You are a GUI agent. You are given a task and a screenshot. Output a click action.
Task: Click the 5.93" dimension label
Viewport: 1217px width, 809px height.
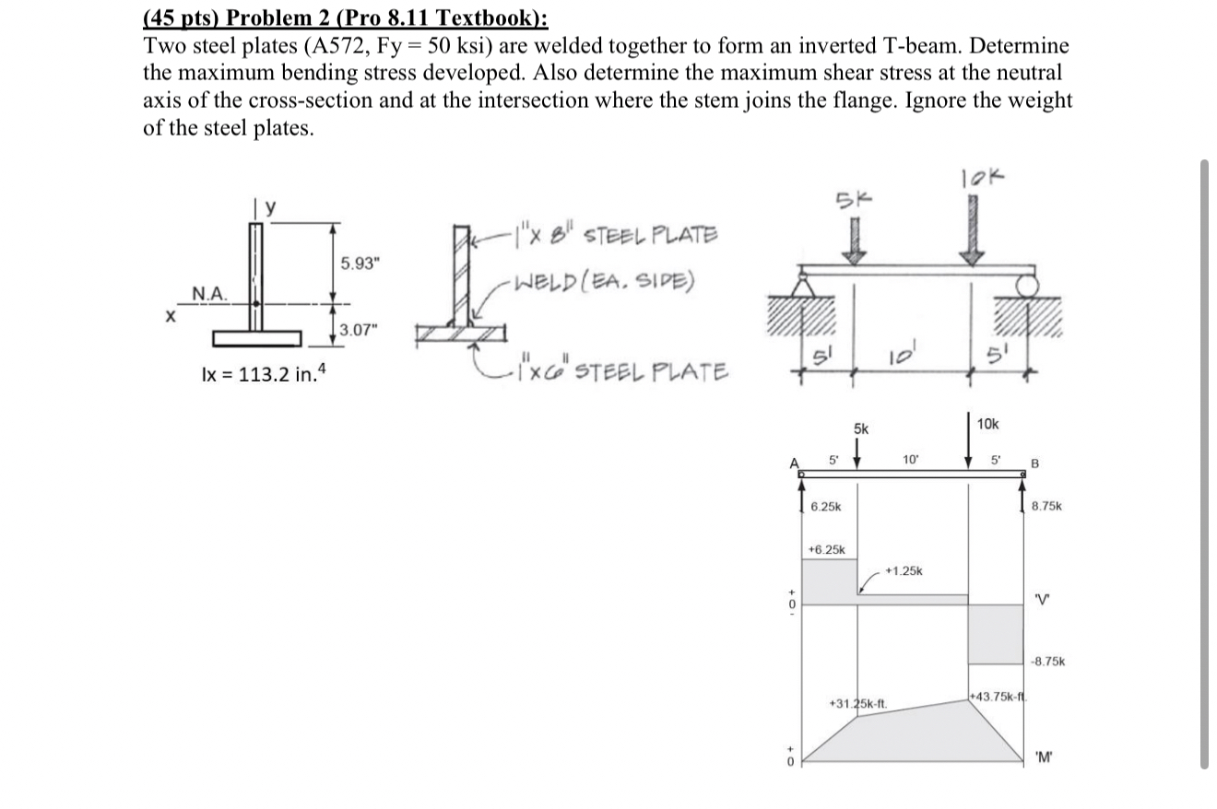pyautogui.click(x=360, y=264)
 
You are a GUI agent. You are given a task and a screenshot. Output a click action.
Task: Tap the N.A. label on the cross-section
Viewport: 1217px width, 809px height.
pyautogui.click(x=209, y=293)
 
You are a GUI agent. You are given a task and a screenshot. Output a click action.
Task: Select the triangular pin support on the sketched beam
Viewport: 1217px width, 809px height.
pyautogui.click(x=801, y=288)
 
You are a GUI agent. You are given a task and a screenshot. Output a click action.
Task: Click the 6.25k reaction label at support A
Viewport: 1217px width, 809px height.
pyautogui.click(x=825, y=508)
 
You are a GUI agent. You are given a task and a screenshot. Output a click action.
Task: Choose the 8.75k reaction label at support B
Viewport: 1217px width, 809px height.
pyautogui.click(x=1046, y=506)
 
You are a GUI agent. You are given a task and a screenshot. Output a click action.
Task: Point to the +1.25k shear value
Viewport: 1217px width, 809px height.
pyautogui.click(x=903, y=571)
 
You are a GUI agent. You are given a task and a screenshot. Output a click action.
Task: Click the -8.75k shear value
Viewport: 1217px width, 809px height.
pyautogui.click(x=1047, y=661)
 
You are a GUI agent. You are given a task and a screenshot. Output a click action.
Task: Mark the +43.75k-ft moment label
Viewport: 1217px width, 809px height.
pyautogui.click(x=995, y=695)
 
